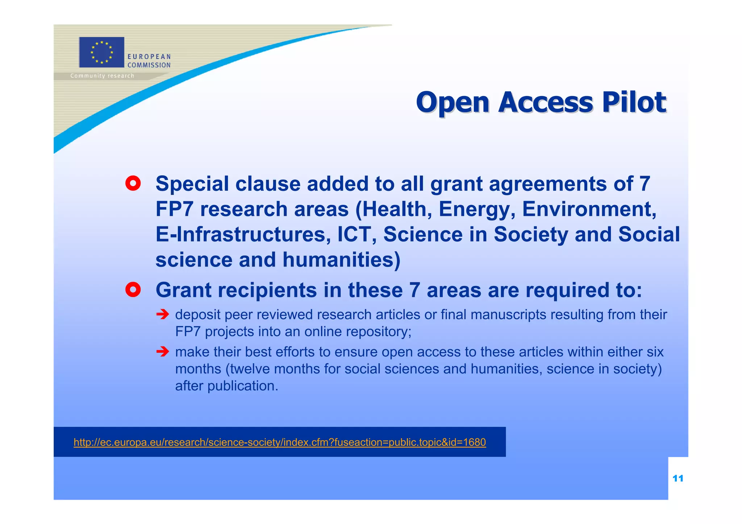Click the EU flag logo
(x=101, y=52)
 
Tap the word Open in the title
(x=453, y=103)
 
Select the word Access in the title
(x=545, y=102)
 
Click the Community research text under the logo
(x=102, y=76)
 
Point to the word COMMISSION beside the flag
(x=149, y=65)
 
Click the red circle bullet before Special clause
(x=133, y=184)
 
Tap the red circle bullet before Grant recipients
(x=133, y=290)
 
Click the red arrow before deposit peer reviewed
(x=163, y=314)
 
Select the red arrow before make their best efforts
(x=163, y=351)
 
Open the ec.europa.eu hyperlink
(x=279, y=442)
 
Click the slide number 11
(x=678, y=478)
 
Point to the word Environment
(x=589, y=209)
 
